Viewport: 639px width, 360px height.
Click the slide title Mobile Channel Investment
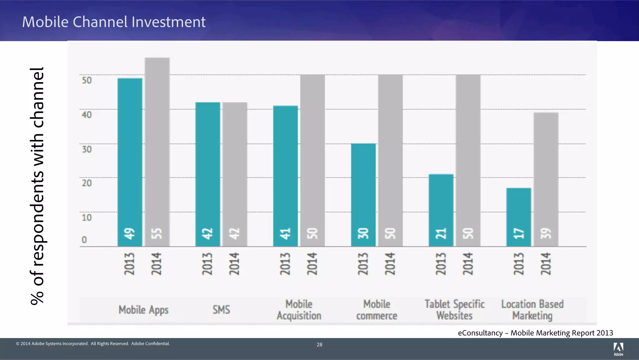pyautogui.click(x=114, y=22)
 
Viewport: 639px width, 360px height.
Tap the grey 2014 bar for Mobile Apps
pyautogui.click(x=157, y=150)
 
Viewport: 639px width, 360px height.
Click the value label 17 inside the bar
pyautogui.click(x=519, y=233)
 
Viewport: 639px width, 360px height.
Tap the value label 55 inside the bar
pyautogui.click(x=157, y=233)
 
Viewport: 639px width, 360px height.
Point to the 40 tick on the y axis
pyautogui.click(x=87, y=115)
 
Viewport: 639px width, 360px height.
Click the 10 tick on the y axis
pyautogui.click(x=87, y=217)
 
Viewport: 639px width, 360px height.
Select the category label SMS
pyautogui.click(x=221, y=310)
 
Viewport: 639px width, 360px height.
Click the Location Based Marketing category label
pyautogui.click(x=532, y=310)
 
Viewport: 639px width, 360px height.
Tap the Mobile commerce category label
pyautogui.click(x=377, y=310)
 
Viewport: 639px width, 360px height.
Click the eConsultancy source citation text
pyautogui.click(x=535, y=333)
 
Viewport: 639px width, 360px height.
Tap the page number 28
pyautogui.click(x=319, y=345)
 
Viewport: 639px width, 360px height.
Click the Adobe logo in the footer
pyautogui.click(x=618, y=349)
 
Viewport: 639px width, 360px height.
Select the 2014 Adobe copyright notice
pyautogui.click(x=93, y=344)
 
